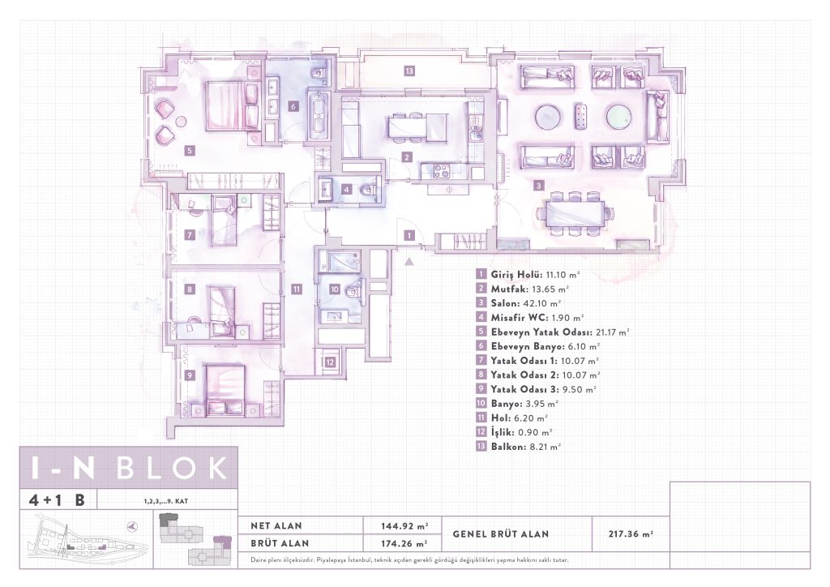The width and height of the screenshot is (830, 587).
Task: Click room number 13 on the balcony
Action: point(409,71)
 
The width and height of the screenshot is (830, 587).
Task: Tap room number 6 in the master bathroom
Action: point(293,106)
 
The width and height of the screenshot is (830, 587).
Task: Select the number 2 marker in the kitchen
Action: point(407,157)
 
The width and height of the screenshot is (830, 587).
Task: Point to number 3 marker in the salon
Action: point(538,186)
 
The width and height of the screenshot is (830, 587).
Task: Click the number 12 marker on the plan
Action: point(331,362)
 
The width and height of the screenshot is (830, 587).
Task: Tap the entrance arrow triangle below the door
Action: point(409,261)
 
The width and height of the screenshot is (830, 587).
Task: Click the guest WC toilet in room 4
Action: point(366,189)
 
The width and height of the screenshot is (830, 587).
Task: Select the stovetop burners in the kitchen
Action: point(441,171)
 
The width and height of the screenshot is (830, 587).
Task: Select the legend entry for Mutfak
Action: point(522,289)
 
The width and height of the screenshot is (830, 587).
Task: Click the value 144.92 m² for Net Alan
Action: point(404,526)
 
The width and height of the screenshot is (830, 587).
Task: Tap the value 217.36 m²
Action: point(631,534)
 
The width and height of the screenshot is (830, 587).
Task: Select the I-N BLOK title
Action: point(130,468)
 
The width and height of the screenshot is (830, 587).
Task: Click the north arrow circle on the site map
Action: point(133,526)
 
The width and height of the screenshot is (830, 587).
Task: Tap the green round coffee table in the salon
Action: point(618,117)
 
